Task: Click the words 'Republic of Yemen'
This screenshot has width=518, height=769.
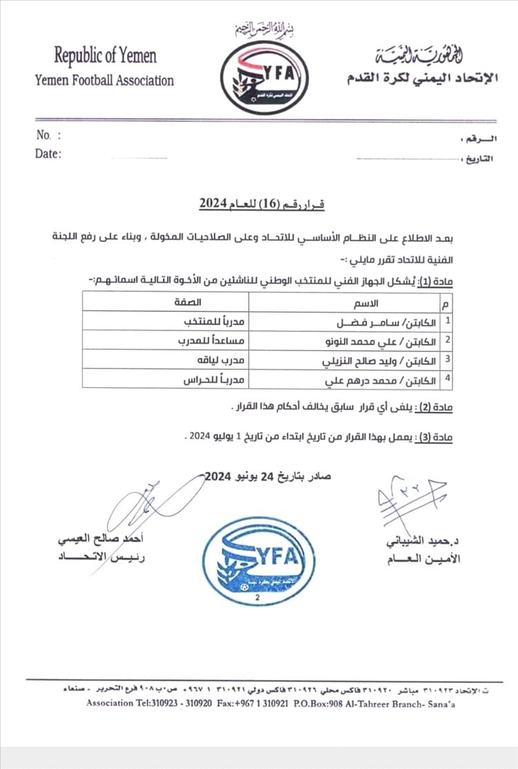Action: click(105, 55)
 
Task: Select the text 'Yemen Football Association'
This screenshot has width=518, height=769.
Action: click(104, 80)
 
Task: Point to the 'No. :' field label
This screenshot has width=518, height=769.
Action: click(48, 136)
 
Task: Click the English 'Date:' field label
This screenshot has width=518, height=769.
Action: click(48, 154)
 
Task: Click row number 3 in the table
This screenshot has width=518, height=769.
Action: click(448, 360)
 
